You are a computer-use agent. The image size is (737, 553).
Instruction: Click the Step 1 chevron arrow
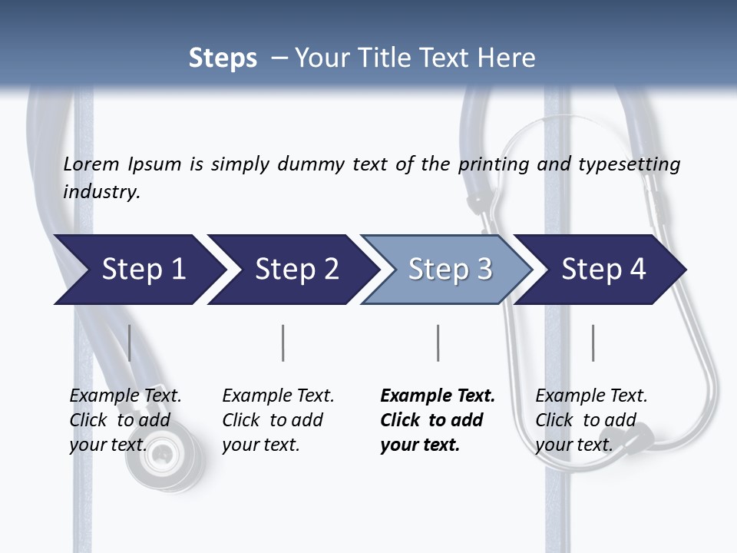[138, 270]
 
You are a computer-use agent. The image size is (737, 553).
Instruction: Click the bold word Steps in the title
[223, 58]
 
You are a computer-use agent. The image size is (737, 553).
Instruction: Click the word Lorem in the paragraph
[91, 164]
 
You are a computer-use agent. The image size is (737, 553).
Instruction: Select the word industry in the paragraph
[101, 192]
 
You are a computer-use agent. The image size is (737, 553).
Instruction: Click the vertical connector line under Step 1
[129, 343]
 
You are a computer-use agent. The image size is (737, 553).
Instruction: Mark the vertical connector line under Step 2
[283, 343]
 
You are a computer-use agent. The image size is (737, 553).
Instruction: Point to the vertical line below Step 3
[438, 343]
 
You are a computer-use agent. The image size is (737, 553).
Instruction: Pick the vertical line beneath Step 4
[593, 343]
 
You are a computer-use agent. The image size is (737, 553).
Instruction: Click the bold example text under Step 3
[436, 420]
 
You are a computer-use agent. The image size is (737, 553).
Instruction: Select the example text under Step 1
[124, 420]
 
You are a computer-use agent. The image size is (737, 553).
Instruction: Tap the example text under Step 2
[277, 420]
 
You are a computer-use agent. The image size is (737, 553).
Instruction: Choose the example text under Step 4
[590, 420]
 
